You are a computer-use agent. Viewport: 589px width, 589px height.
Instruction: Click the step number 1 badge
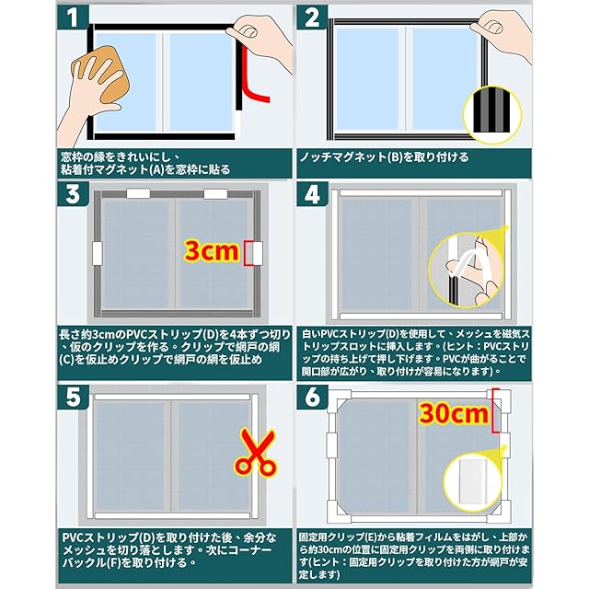(73, 17)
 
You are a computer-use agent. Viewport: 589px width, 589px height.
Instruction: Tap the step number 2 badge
(312, 17)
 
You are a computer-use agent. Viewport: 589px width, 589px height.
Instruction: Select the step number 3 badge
(73, 194)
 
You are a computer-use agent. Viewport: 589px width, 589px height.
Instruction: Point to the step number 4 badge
(312, 194)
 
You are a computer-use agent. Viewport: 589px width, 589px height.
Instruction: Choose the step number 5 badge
(73, 398)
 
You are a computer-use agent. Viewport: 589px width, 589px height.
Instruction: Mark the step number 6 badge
(312, 398)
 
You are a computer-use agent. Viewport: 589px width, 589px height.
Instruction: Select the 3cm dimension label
(212, 251)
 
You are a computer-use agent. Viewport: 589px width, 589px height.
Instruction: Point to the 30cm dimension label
(454, 413)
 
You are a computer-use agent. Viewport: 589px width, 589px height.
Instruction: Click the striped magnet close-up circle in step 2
(492, 114)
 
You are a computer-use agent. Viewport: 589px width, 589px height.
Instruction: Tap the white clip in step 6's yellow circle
(472, 482)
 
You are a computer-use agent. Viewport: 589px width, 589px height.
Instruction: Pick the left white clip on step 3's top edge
(138, 194)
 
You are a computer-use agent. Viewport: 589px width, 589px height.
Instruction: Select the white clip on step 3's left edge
(98, 254)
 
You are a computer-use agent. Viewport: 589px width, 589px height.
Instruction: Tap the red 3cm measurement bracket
(248, 254)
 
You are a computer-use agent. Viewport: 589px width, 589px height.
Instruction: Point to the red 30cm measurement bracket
(496, 411)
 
